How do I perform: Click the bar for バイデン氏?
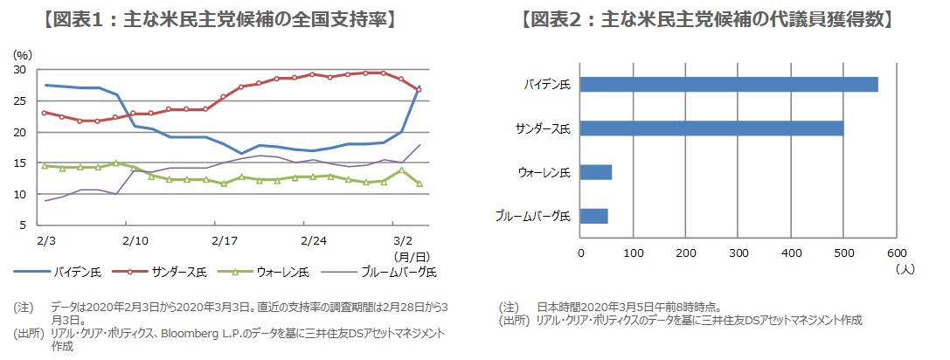pos(729,84)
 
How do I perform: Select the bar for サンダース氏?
pos(711,128)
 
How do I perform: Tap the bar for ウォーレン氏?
pos(596,172)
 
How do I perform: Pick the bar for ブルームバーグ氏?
pos(594,216)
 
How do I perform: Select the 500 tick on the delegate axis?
pos(843,253)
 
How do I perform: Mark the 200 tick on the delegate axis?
pos(686,253)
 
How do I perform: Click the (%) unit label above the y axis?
pos(23,54)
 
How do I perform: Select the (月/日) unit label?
pos(410,255)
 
